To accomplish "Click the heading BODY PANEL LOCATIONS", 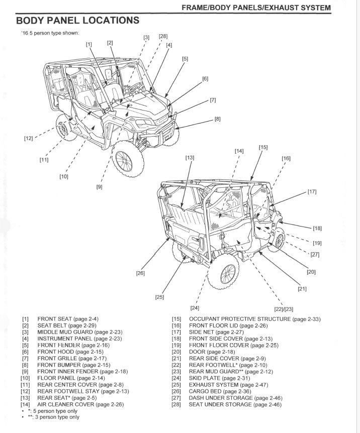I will [77, 21].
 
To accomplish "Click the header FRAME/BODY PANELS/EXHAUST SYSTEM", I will [257, 8].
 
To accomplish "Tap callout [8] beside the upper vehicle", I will [217, 119].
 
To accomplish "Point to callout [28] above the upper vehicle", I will [163, 37].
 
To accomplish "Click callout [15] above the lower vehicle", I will [263, 147].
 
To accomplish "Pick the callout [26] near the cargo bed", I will [140, 273].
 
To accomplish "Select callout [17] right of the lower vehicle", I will [312, 192].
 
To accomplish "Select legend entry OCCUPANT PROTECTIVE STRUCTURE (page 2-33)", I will [254, 319].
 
